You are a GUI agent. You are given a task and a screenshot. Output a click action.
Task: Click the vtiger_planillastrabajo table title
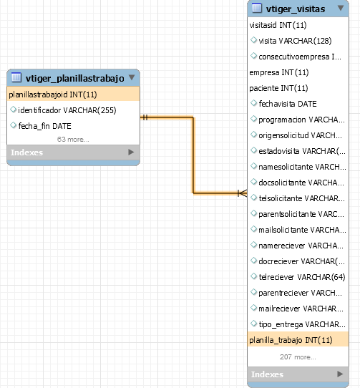pyautogui.click(x=74, y=78)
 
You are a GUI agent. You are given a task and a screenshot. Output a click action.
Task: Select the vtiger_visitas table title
pyautogui.click(x=296, y=9)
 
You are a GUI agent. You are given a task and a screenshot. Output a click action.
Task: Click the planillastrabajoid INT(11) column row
pyautogui.click(x=73, y=94)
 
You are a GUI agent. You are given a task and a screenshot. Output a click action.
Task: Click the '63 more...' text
pyautogui.click(x=73, y=140)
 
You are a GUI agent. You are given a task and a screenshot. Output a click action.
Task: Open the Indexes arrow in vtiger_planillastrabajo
pyautogui.click(x=131, y=152)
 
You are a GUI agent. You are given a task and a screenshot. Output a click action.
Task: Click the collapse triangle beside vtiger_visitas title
pyautogui.click(x=341, y=8)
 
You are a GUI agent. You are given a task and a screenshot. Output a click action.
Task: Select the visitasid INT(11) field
pyautogui.click(x=278, y=25)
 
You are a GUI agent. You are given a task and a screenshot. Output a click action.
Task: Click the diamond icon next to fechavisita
pyautogui.click(x=253, y=103)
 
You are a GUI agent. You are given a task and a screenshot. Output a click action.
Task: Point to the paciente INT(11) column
pyautogui.click(x=278, y=88)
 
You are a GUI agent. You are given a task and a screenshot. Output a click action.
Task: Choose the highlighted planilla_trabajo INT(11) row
pyautogui.click(x=298, y=340)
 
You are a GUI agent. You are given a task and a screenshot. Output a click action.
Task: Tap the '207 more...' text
pyautogui.click(x=298, y=357)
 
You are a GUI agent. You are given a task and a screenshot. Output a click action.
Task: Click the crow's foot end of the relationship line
pyautogui.click(x=242, y=193)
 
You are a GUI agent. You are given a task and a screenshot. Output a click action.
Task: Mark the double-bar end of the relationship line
pyautogui.click(x=145, y=117)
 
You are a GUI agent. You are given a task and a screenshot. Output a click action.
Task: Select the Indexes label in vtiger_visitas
pyautogui.click(x=267, y=374)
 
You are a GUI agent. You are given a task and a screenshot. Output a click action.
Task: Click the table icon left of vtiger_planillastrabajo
pyautogui.click(x=16, y=77)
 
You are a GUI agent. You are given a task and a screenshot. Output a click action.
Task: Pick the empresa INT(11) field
pyautogui.click(x=279, y=72)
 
